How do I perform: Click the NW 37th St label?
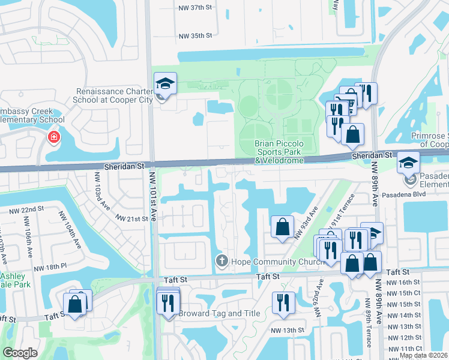(196, 23)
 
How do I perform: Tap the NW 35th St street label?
(196, 36)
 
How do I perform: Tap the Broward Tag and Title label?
(218, 314)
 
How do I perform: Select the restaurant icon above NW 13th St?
(282, 302)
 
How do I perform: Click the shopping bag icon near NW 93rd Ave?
(282, 227)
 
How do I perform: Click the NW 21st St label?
(132, 220)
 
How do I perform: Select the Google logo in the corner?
(20, 353)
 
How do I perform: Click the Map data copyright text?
(424, 355)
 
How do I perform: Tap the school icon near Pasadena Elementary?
(409, 162)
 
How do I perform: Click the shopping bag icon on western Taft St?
(76, 305)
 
